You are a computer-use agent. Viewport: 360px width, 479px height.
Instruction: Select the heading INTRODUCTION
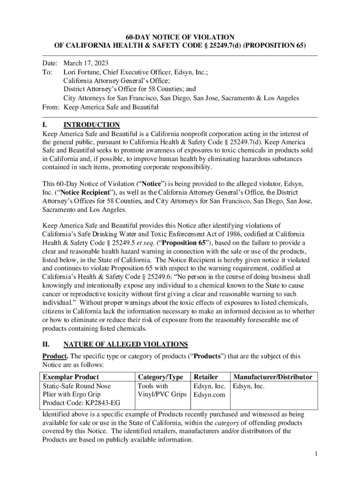(x=92, y=125)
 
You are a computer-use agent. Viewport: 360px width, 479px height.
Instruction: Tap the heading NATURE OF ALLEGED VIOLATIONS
(x=125, y=345)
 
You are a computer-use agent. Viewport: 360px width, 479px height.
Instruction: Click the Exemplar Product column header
(x=71, y=377)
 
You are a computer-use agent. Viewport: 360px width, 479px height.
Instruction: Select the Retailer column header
(x=206, y=377)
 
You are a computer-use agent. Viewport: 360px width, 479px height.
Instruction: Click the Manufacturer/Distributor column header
(x=273, y=377)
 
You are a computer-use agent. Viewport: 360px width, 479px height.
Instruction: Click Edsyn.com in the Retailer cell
(x=209, y=395)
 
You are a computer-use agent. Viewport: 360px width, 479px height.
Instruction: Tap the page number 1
(x=316, y=454)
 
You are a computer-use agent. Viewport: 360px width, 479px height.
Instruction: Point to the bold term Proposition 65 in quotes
(x=209, y=243)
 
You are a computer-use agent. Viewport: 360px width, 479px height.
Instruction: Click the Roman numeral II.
(x=46, y=345)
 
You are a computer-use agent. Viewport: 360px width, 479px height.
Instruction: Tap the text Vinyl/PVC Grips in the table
(x=162, y=395)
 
